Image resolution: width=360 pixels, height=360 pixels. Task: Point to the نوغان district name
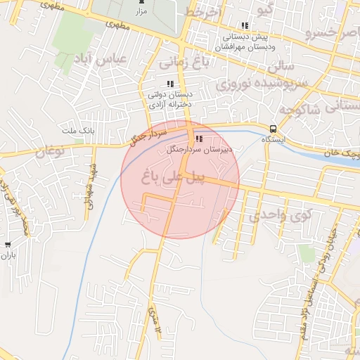(x=49, y=150)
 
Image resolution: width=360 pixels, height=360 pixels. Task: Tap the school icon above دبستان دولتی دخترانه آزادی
(x=169, y=84)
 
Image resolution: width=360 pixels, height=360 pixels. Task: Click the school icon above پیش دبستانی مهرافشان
(x=244, y=27)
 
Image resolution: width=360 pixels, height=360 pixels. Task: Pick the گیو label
(x=266, y=11)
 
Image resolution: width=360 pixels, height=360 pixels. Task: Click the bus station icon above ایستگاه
(x=272, y=129)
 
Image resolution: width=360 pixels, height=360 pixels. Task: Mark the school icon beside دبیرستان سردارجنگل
(x=199, y=139)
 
